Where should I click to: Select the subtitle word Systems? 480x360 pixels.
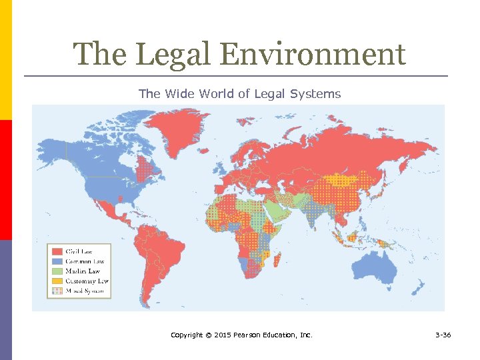tap(315, 94)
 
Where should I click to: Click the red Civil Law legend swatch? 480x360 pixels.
tap(57, 251)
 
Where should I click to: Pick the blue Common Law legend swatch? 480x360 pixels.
tap(57, 261)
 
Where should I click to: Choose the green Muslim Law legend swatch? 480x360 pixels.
tap(57, 271)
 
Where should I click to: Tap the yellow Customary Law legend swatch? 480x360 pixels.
tap(57, 281)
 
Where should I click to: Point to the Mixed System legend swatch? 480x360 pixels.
tap(57, 291)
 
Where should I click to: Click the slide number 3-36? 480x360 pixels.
tap(441, 335)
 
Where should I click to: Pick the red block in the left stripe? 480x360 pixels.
tap(5, 179)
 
